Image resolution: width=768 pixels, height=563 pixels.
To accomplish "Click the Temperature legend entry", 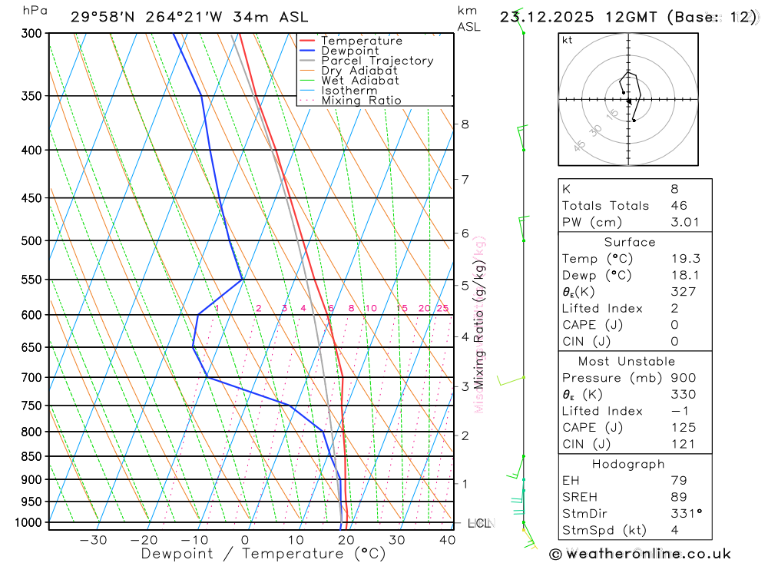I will pyautogui.click(x=361, y=41).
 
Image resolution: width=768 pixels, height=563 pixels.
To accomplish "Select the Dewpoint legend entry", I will pyautogui.click(x=349, y=51).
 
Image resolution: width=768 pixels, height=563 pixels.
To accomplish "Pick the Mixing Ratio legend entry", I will pyautogui.click(x=361, y=100).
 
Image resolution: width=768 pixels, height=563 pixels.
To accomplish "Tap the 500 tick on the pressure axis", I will pyautogui.click(x=31, y=240).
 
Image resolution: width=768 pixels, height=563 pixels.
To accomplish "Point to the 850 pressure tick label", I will pyautogui.click(x=31, y=456).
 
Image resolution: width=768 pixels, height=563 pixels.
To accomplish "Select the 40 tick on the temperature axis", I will pyautogui.click(x=447, y=540).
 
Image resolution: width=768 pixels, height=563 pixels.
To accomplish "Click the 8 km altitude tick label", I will pyautogui.click(x=465, y=124).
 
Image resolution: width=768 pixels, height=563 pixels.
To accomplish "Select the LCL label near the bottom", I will pyautogui.click(x=478, y=523).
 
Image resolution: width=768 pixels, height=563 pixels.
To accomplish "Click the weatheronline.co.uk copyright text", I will pyautogui.click(x=640, y=553).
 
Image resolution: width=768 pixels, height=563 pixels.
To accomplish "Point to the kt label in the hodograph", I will pyautogui.click(x=567, y=41).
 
